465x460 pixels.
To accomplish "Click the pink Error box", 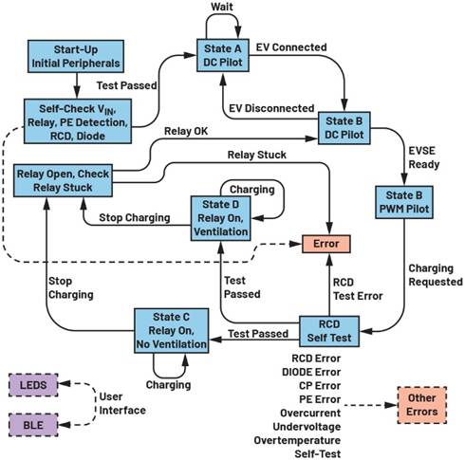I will [x=326, y=242].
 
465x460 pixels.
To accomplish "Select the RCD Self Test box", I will [x=326, y=330].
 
